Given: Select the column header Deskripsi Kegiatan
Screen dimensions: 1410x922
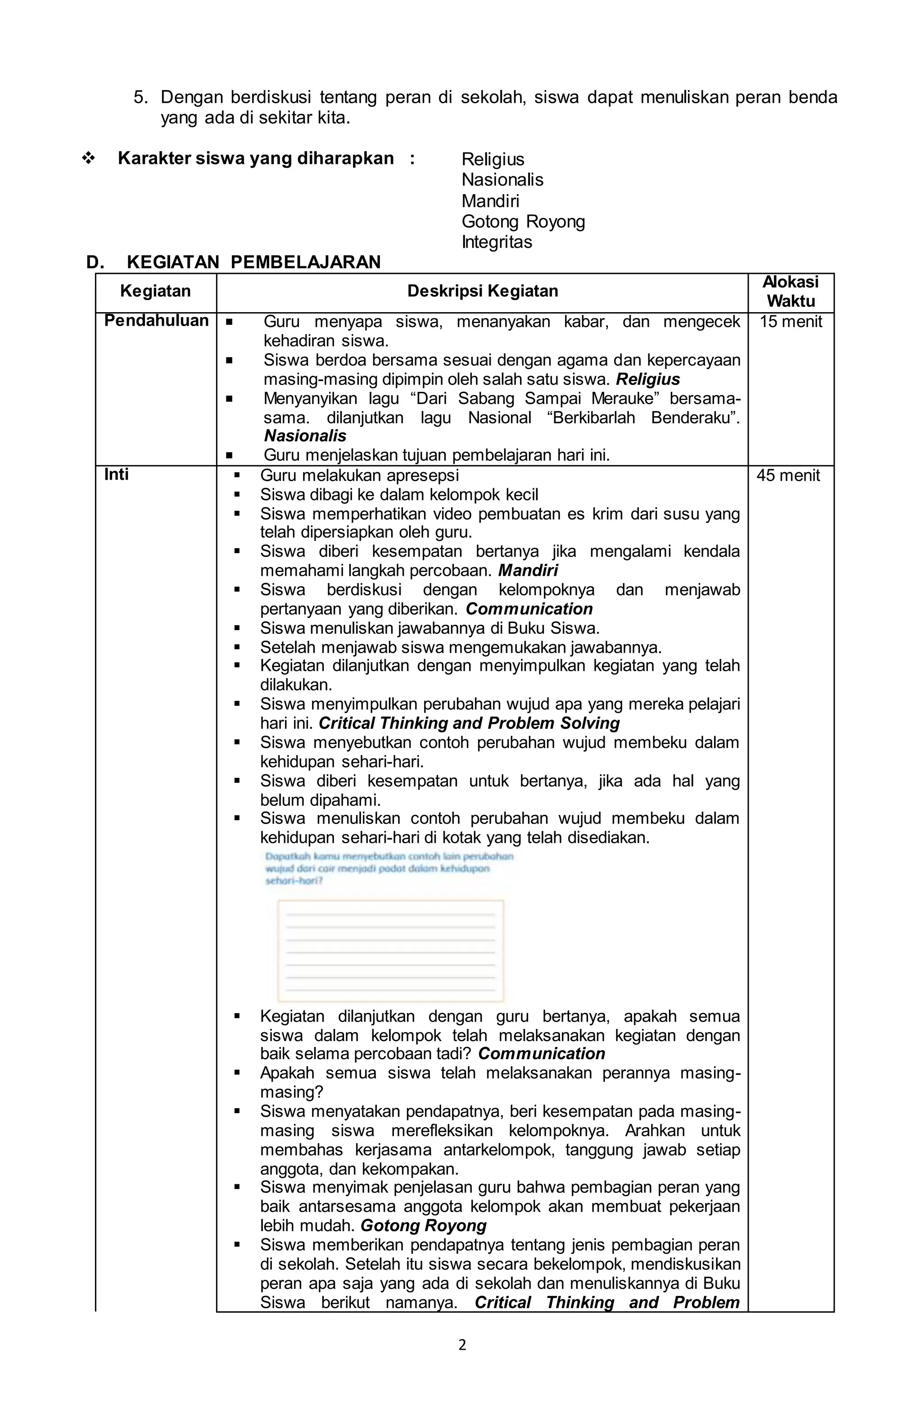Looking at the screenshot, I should pos(482,291).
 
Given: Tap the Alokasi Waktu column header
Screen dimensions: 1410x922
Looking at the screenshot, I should pos(790,291).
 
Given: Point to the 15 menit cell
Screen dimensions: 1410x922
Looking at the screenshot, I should pos(791,322).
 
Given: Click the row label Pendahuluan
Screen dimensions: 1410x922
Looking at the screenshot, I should pos(156,320).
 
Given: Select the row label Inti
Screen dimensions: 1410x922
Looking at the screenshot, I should pos(116,474).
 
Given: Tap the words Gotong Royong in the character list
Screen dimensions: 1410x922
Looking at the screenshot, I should pos(523,222).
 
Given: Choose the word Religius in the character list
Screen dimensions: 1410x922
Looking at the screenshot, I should pos(493,159).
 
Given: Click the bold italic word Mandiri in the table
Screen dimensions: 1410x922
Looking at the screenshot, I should pos(528,570).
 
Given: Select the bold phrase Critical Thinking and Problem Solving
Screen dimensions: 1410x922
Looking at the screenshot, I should pos(469,723).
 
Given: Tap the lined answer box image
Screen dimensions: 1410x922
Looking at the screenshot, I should pos(390,950).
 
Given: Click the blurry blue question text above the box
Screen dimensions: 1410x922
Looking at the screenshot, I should pos(389,869).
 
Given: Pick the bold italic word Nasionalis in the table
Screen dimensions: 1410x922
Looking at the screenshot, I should pos(305,436).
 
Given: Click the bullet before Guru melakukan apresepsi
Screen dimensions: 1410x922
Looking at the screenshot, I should pos(237,475).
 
